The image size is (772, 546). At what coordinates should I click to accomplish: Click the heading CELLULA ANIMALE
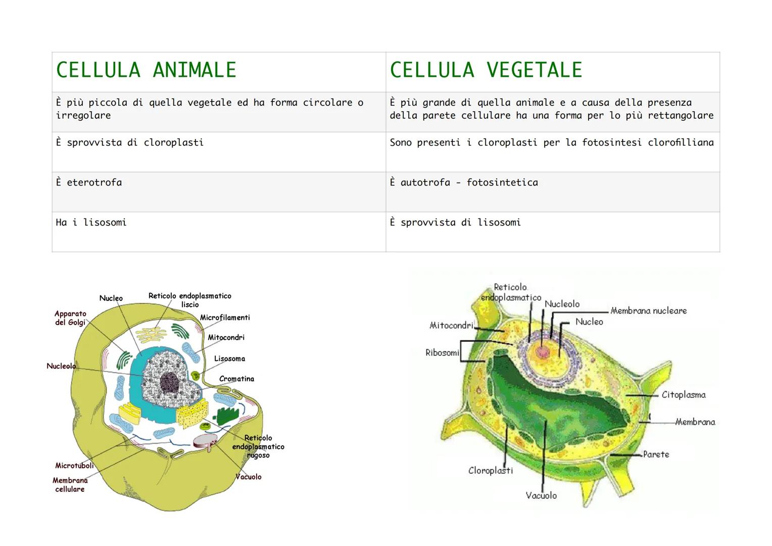click(x=146, y=70)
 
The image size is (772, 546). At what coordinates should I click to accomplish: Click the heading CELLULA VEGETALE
click(x=486, y=70)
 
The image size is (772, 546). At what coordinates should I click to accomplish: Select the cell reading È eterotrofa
click(x=219, y=192)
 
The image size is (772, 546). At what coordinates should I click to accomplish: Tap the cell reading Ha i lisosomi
click(x=219, y=232)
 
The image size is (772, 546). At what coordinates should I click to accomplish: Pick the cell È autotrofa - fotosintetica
click(x=553, y=192)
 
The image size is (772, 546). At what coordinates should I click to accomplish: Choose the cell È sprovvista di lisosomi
click(x=553, y=232)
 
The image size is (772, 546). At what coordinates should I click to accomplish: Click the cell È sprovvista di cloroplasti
click(x=219, y=152)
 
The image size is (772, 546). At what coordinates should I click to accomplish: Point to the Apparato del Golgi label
click(x=70, y=318)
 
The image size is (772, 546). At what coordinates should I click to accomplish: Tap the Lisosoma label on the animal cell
click(x=229, y=358)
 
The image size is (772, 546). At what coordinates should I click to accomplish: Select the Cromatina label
click(x=236, y=379)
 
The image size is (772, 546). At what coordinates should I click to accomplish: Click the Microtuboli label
click(x=74, y=465)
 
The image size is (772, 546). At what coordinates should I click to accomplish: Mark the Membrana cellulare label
click(x=70, y=485)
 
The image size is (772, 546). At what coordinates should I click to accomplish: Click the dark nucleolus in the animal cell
click(x=169, y=382)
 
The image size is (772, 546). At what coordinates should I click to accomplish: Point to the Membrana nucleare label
click(x=649, y=311)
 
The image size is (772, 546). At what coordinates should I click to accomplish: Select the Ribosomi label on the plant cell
click(x=442, y=352)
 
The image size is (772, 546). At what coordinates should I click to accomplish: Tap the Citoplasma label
click(x=684, y=395)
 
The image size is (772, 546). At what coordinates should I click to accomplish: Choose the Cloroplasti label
click(x=491, y=471)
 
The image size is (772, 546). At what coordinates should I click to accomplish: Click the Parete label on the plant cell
click(x=656, y=454)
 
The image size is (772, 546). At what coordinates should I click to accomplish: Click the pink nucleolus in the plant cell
click(x=543, y=352)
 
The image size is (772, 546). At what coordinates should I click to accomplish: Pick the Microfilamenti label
click(x=225, y=317)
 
